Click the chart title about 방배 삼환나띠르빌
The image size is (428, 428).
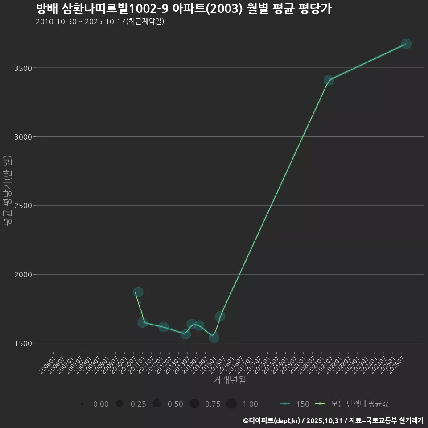coord(183,9)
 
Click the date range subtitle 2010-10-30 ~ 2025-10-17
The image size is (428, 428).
coord(100,21)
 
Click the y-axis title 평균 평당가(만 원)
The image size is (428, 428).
coord(7,191)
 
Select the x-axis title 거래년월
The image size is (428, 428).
coord(229,380)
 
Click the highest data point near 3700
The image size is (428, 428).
coord(406,44)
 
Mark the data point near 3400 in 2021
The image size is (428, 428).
coord(329,80)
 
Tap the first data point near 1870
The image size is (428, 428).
coord(138,292)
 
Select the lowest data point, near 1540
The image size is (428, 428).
coord(214,337)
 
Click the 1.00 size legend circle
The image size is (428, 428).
coord(231,404)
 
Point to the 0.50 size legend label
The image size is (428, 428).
coord(175,404)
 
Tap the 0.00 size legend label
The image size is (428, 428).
coord(101,404)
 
